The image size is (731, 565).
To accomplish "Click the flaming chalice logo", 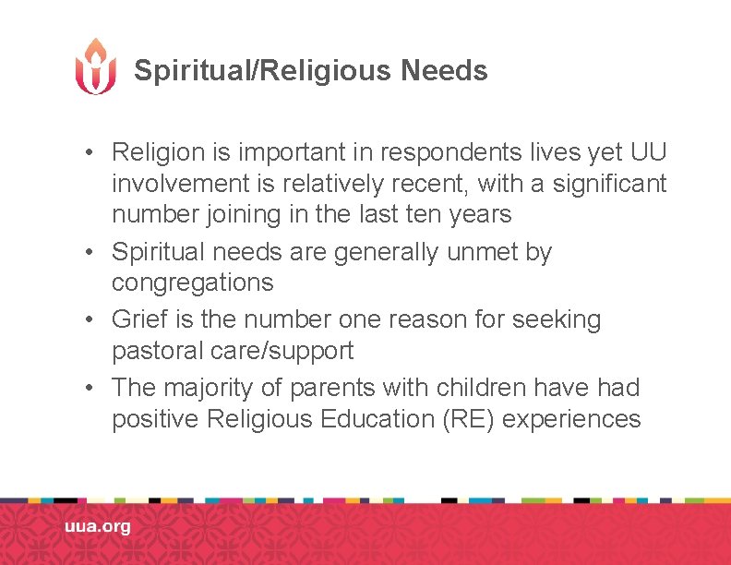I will click(x=96, y=66).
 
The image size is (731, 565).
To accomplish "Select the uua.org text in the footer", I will click(x=97, y=527).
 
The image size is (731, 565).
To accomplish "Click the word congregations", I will click(x=193, y=282).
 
